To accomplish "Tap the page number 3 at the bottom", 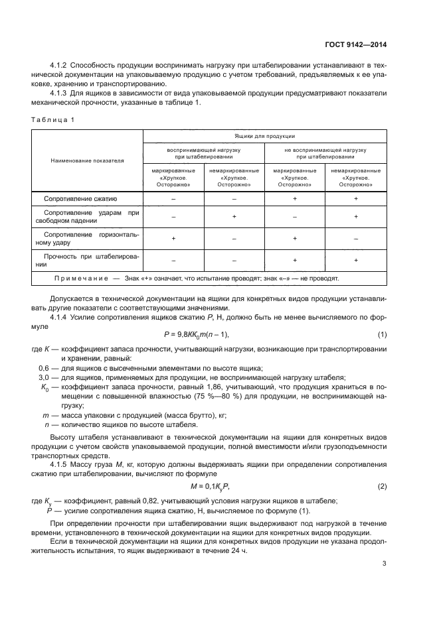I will pyautogui.click(x=385, y=564).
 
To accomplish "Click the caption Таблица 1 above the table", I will pyautogui.click(x=53, y=119).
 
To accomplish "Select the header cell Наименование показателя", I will pyautogui.click(x=88, y=160).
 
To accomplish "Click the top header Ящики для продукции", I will pyautogui.click(x=265, y=136).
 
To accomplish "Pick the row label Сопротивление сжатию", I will pyautogui.click(x=80, y=198).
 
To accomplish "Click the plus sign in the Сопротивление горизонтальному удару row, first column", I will pyautogui.click(x=173, y=237).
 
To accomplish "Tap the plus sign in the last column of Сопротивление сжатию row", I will pyautogui.click(x=356, y=198).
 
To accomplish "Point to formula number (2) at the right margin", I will pyautogui.click(x=382, y=487).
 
